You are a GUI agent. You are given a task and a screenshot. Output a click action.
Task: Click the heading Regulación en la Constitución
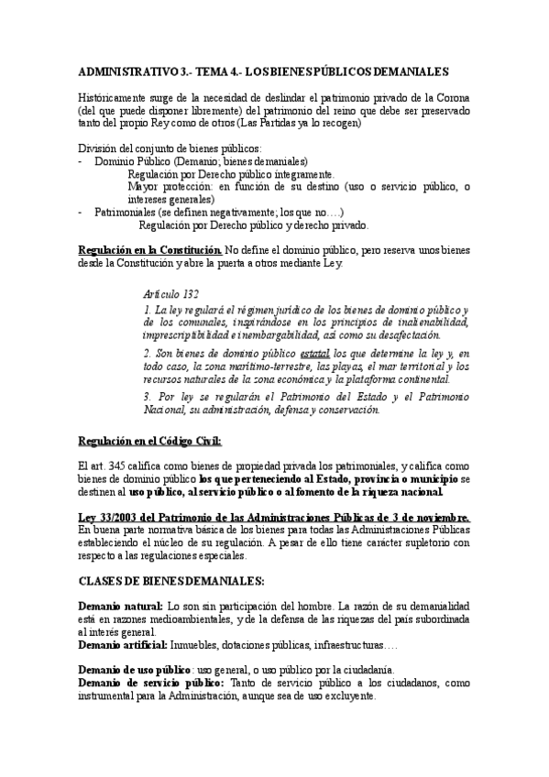point(149,249)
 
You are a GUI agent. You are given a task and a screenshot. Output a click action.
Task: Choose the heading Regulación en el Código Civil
point(149,441)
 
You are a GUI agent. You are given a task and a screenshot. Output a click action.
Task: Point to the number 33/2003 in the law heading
point(115,518)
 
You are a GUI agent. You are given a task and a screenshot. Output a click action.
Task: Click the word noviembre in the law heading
point(438,518)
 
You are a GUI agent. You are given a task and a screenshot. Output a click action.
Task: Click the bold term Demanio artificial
point(122,644)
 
